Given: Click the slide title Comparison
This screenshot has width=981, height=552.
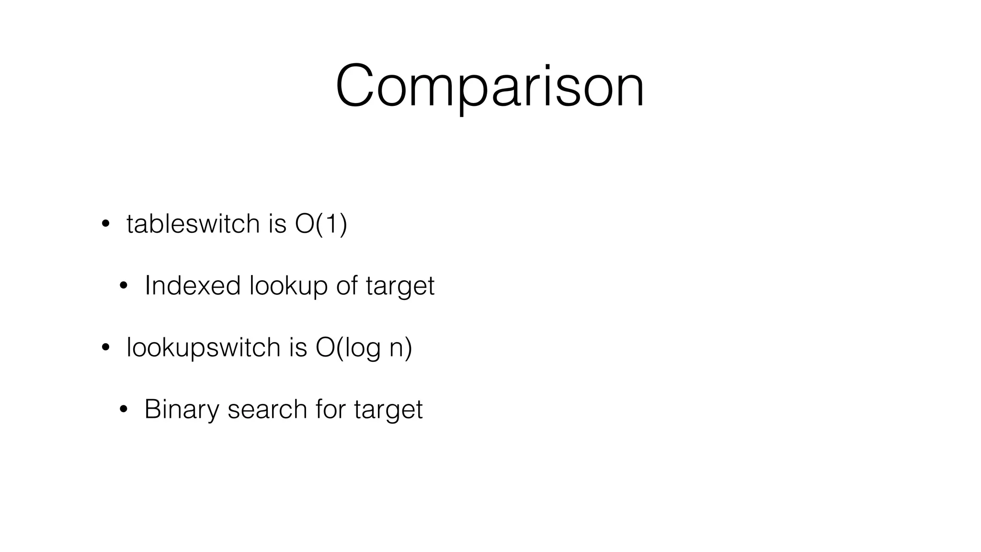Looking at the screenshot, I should click(490, 87).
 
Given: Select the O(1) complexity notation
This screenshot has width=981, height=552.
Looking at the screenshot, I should click(321, 224).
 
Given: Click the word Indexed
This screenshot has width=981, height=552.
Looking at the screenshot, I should click(192, 286).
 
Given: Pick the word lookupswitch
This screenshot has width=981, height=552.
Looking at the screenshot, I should click(203, 347).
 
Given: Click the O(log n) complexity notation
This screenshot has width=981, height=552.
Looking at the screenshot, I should click(364, 347).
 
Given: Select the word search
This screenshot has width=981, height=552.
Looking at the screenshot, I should click(267, 410).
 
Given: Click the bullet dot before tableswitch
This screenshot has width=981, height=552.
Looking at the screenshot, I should click(105, 224).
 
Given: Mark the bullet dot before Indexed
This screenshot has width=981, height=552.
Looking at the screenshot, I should click(124, 286).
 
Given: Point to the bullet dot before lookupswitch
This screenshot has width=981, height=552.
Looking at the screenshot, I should click(105, 348).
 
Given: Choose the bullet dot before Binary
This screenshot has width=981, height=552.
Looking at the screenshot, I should click(124, 410).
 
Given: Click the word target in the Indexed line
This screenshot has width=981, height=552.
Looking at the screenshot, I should click(400, 287).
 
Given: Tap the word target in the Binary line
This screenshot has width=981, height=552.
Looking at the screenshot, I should click(388, 410).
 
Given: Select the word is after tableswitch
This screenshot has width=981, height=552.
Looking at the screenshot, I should click(277, 224).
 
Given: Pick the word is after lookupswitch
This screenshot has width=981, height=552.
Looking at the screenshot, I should click(297, 347).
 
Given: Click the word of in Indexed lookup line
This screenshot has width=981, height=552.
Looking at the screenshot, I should click(347, 286).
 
